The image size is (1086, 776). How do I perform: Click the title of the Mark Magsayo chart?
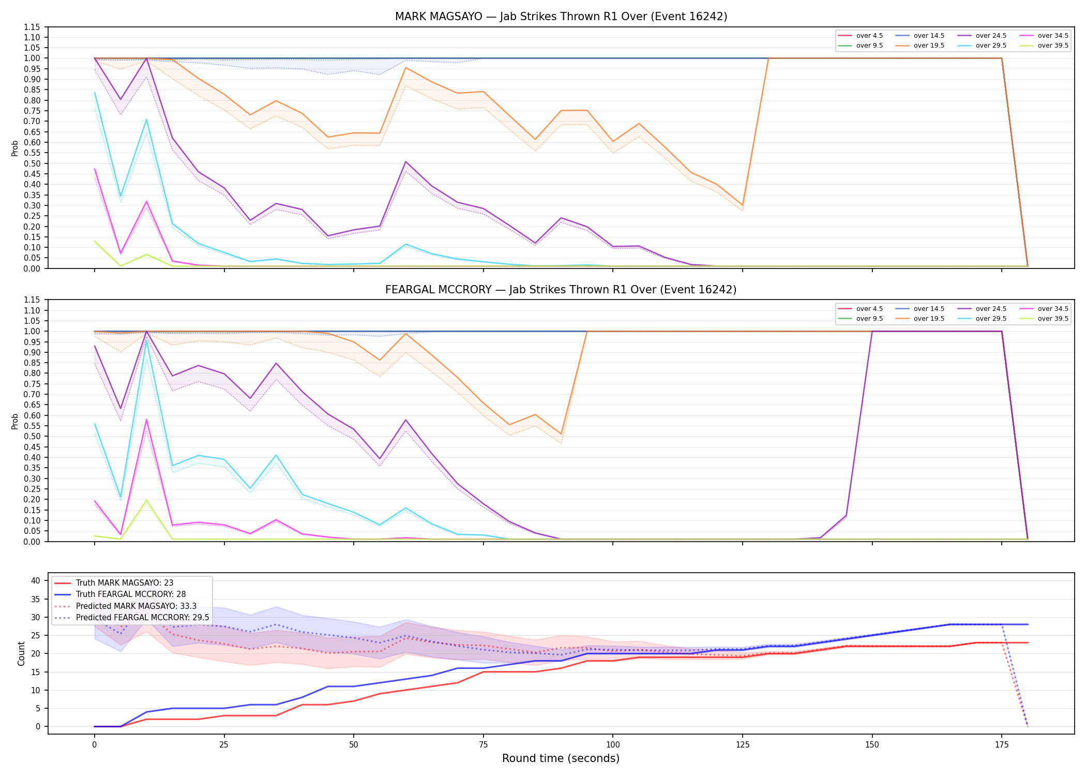tap(561, 17)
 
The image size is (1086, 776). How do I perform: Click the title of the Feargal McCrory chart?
tap(561, 290)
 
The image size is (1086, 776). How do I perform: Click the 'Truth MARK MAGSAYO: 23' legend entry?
tap(114, 583)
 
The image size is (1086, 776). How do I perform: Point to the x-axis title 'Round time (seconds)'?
tap(561, 758)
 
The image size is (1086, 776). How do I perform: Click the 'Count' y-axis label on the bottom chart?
tap(21, 653)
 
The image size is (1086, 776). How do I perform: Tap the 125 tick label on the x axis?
tap(743, 745)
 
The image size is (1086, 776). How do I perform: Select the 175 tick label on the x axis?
tap(1002, 745)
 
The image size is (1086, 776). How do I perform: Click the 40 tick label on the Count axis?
tap(36, 581)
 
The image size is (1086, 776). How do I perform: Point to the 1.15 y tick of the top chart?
tap(32, 27)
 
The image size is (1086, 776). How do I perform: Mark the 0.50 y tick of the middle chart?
tap(32, 436)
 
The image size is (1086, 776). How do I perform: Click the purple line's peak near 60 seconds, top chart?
tap(406, 161)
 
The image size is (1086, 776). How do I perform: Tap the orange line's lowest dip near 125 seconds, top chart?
tap(743, 205)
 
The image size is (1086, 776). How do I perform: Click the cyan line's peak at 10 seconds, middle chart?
tap(146, 340)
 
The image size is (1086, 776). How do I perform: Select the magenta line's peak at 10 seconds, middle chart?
tap(146, 420)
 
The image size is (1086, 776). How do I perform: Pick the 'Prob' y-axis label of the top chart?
tap(15, 148)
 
